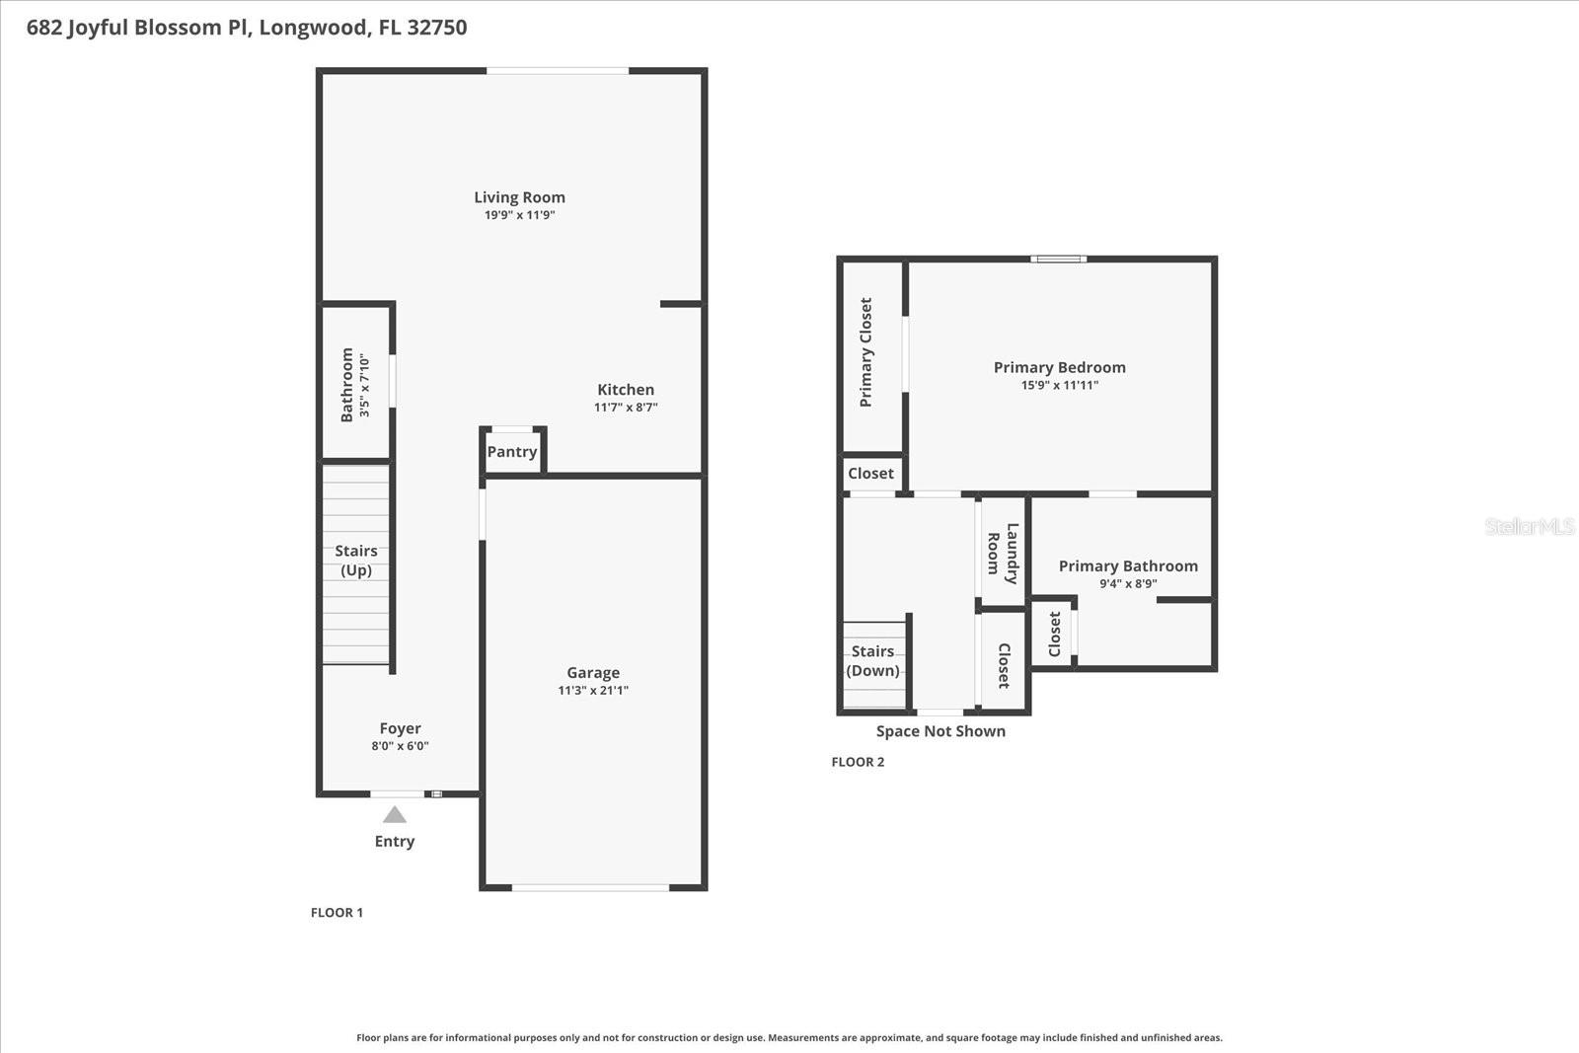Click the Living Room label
click(x=519, y=197)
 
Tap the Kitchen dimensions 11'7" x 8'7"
click(x=626, y=408)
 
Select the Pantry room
click(x=512, y=452)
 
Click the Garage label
click(x=593, y=673)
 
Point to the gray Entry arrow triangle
click(x=395, y=815)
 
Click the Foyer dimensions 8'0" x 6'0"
click(x=400, y=746)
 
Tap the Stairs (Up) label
click(x=356, y=561)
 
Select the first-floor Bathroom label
click(x=347, y=385)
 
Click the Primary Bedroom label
click(x=1059, y=367)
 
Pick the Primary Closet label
click(x=866, y=352)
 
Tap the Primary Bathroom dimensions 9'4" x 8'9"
click(x=1128, y=583)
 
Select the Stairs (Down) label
click(x=873, y=661)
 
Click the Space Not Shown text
click(x=940, y=731)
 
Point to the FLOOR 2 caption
click(x=858, y=762)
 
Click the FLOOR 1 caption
click(x=337, y=913)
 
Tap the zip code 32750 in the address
click(x=436, y=28)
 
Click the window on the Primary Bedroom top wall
click(x=1058, y=260)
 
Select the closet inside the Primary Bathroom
click(x=1054, y=634)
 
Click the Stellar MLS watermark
click(x=1529, y=527)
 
